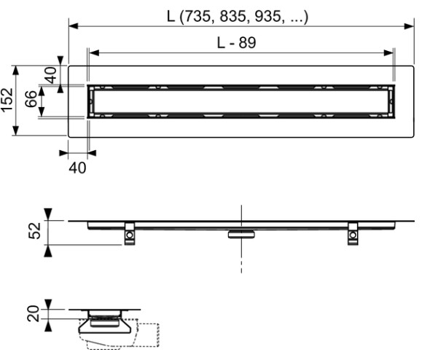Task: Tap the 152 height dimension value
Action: pyautogui.click(x=8, y=100)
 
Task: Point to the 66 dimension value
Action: pyautogui.click(x=31, y=100)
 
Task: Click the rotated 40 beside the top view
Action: pyautogui.click(x=50, y=75)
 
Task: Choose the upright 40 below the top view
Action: pyautogui.click(x=77, y=167)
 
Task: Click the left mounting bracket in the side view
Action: pyautogui.click(x=129, y=232)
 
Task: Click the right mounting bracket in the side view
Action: pyautogui.click(x=353, y=232)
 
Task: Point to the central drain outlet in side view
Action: pyautogui.click(x=240, y=234)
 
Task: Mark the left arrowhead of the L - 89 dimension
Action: pyautogui.click(x=93, y=52)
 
